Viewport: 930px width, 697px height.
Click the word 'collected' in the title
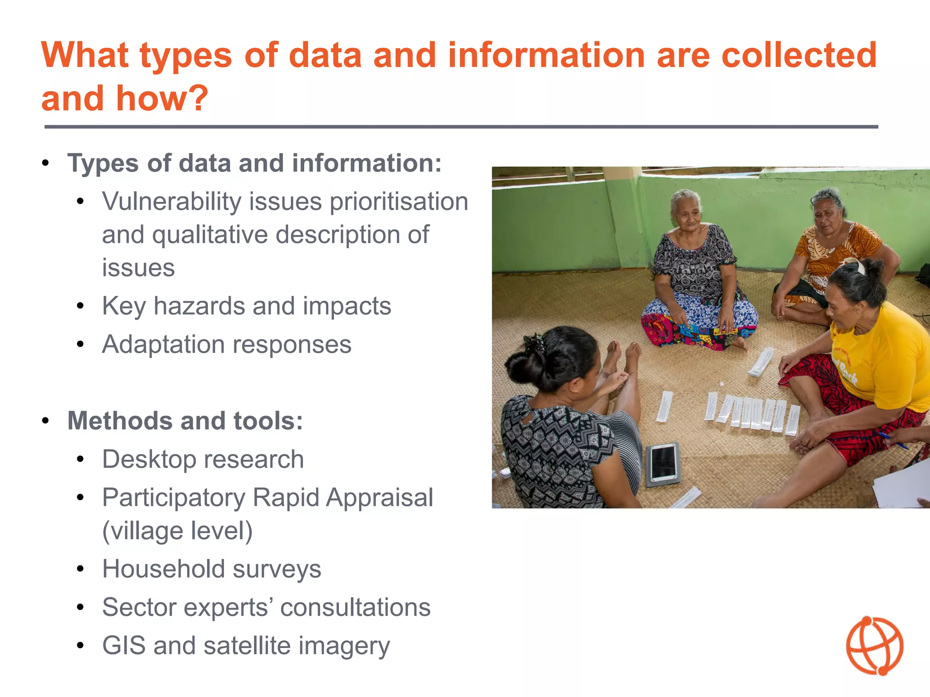(799, 55)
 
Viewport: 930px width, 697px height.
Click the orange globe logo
(874, 645)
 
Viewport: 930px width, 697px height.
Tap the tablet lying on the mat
(663, 463)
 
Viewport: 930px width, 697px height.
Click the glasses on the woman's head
(823, 196)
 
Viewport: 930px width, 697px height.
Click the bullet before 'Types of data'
(45, 163)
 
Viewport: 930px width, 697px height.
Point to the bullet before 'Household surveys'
(80, 569)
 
